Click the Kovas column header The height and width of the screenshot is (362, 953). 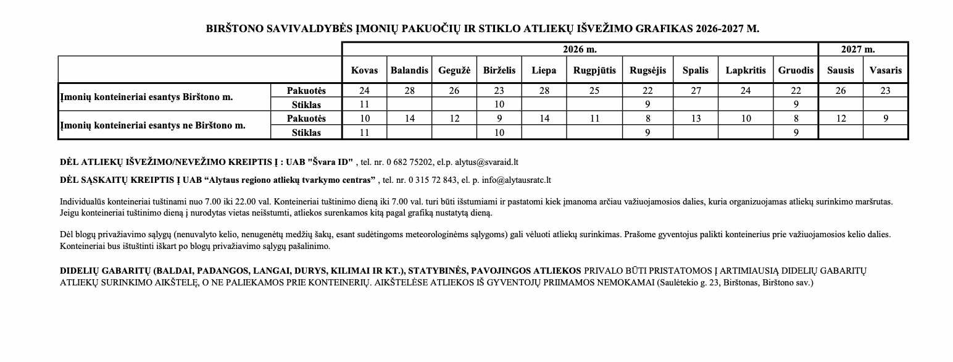pyautogui.click(x=364, y=70)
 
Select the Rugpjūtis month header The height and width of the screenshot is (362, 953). pyautogui.click(x=594, y=70)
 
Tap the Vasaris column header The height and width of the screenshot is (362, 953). pyautogui.click(x=885, y=70)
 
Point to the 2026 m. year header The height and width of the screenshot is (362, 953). pyautogui.click(x=580, y=49)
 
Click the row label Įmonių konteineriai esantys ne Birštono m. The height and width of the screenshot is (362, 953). pyautogui.click(x=152, y=125)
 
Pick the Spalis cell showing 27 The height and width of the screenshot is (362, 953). pyautogui.click(x=696, y=91)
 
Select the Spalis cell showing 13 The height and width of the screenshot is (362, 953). pyautogui.click(x=696, y=118)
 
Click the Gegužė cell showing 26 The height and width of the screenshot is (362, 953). pyautogui.click(x=454, y=91)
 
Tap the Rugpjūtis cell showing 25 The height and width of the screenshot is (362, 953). pyautogui.click(x=594, y=91)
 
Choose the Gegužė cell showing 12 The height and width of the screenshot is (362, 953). pyautogui.click(x=454, y=118)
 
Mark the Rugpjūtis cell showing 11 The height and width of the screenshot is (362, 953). pyautogui.click(x=594, y=118)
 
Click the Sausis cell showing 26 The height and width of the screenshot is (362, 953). pyautogui.click(x=841, y=91)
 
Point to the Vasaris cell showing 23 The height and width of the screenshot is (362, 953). pyautogui.click(x=885, y=91)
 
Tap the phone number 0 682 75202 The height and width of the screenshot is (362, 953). pyautogui.click(x=409, y=162)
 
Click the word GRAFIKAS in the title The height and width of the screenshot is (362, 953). pyautogui.click(x=667, y=29)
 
